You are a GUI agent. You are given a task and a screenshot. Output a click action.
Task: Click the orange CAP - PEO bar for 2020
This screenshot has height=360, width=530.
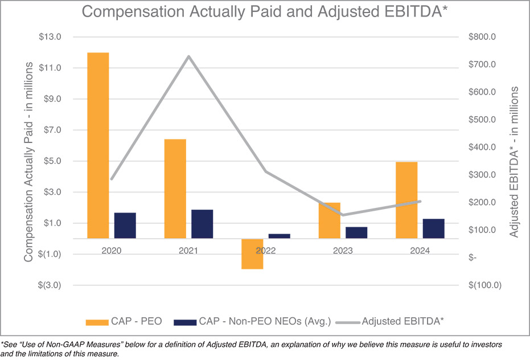click(98, 145)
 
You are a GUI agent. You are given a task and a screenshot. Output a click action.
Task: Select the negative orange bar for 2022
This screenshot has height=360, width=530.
click(252, 254)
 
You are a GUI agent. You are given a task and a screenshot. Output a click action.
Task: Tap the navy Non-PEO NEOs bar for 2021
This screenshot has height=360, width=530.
click(202, 224)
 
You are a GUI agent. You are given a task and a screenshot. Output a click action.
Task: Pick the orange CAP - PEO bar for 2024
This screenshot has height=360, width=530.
click(406, 200)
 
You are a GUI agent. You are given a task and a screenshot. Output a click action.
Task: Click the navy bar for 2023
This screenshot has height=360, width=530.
click(356, 232)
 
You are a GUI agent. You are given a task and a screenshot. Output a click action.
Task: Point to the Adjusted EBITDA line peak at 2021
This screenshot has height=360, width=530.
click(188, 56)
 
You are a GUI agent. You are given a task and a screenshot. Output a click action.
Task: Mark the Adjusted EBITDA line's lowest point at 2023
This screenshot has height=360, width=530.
click(343, 215)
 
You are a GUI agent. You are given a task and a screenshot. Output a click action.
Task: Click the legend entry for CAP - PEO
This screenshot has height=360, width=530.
click(124, 322)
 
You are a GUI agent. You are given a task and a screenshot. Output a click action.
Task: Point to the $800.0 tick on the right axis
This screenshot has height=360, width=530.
click(483, 37)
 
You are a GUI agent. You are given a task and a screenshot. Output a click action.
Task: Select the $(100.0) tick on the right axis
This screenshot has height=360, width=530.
click(484, 285)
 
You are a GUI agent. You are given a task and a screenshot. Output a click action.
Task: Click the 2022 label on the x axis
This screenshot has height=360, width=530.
click(266, 251)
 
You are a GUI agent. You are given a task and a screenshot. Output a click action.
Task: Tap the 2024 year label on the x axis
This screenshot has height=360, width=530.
click(420, 251)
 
